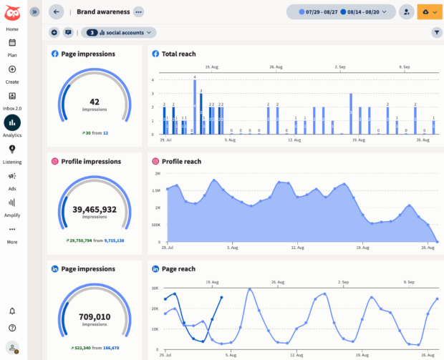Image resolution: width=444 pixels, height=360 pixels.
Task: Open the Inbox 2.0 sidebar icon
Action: (12, 97)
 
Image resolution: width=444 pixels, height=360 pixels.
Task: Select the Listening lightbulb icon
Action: (12, 149)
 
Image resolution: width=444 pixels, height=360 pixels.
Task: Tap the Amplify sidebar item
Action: (12, 203)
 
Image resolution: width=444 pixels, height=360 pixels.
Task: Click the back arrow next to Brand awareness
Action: (57, 11)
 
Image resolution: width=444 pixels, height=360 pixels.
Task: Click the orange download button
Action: (430, 11)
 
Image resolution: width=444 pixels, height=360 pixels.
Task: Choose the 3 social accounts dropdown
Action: (119, 32)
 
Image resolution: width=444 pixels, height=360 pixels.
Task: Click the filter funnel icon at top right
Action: (436, 32)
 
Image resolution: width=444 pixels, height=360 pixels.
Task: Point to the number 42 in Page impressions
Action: (95, 102)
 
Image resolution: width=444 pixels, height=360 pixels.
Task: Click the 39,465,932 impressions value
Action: (95, 209)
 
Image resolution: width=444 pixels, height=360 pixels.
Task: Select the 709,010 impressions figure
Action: (95, 316)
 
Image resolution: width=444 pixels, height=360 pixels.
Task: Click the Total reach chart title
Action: (178, 54)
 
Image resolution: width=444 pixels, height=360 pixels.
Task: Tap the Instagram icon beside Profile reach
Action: (155, 161)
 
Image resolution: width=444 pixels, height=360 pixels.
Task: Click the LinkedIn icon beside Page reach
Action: (155, 268)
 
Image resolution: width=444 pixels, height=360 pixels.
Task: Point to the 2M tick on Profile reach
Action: (157, 174)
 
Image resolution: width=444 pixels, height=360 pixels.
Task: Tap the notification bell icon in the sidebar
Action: (12, 311)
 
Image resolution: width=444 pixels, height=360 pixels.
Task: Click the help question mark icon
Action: (12, 328)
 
